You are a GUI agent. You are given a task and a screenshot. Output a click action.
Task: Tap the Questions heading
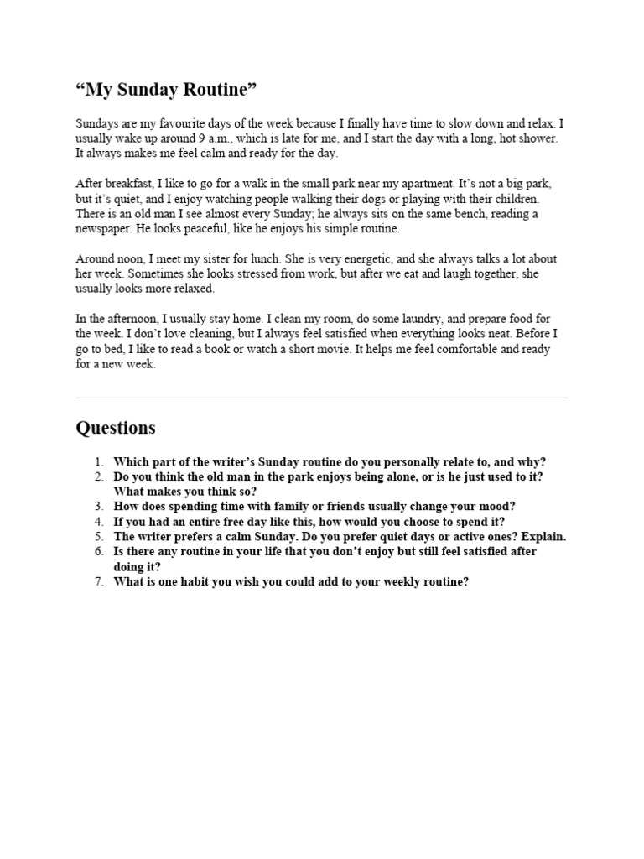(116, 428)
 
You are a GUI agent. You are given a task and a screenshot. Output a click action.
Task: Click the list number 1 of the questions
(98, 461)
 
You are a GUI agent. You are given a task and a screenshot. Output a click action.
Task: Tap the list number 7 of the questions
(98, 581)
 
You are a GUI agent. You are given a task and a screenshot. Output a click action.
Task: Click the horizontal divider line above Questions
(322, 398)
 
